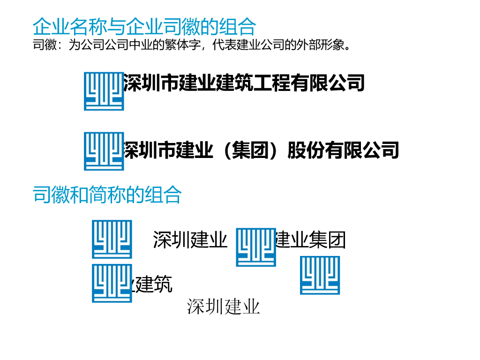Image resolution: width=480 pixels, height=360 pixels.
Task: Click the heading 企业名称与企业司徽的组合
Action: (x=144, y=27)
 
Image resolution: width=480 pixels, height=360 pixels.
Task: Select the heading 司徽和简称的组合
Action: (x=107, y=195)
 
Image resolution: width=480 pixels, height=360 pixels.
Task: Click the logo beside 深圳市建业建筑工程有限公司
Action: (x=104, y=91)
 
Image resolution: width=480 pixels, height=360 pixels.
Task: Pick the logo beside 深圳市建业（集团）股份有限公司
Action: (x=104, y=151)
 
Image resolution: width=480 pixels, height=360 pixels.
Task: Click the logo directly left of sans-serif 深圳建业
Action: (x=112, y=239)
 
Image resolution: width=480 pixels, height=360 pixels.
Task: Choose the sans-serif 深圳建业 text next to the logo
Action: (x=190, y=240)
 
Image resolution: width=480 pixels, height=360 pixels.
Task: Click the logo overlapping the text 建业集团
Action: (x=256, y=247)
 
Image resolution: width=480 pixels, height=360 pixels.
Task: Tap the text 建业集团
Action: (x=311, y=240)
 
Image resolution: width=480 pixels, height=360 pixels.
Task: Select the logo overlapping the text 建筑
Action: (x=112, y=283)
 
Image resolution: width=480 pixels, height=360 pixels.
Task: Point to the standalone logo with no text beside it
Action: (x=320, y=275)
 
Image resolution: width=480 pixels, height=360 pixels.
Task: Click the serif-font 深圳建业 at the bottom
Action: (x=223, y=307)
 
